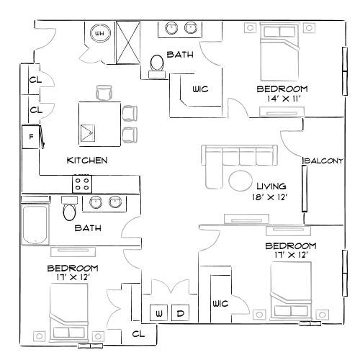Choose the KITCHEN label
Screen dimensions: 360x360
click(87, 160)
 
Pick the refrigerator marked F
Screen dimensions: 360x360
click(31, 137)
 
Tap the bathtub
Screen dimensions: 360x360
click(35, 224)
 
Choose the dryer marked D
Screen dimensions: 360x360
click(181, 313)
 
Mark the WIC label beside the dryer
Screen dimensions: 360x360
click(220, 304)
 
